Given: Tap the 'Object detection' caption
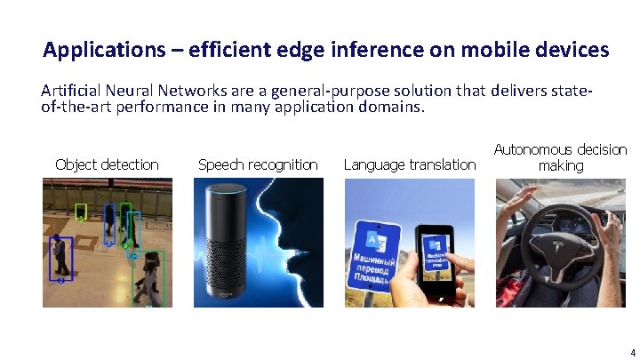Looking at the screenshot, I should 107,164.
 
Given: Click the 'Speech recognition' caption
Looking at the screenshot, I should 258,164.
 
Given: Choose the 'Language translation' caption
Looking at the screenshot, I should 409,164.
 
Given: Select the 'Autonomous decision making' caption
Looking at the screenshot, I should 560,157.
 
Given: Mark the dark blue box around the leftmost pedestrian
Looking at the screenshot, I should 60,259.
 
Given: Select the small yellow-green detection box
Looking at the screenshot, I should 80,212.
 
